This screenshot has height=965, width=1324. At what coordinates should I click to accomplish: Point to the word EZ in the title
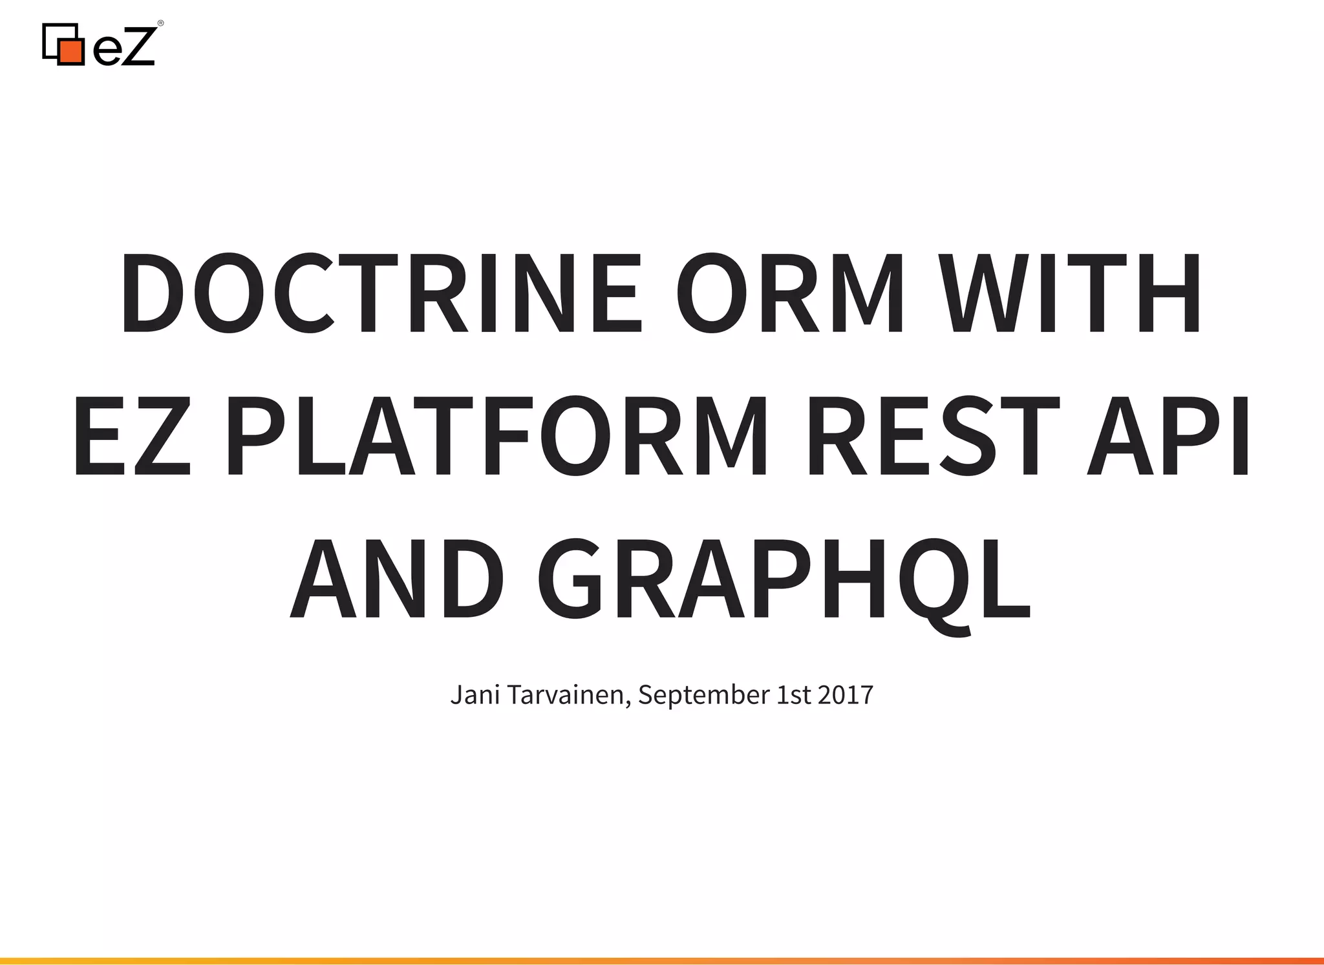click(133, 436)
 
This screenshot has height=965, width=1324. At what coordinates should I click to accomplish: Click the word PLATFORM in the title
click(498, 436)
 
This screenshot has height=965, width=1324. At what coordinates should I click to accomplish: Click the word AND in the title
click(398, 579)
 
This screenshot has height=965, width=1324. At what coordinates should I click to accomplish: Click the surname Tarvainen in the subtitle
click(565, 695)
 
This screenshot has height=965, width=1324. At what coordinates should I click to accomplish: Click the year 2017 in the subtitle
click(846, 695)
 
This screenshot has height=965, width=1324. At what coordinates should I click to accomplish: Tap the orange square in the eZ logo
click(71, 52)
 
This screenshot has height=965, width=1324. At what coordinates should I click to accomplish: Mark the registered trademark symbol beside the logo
click(160, 24)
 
